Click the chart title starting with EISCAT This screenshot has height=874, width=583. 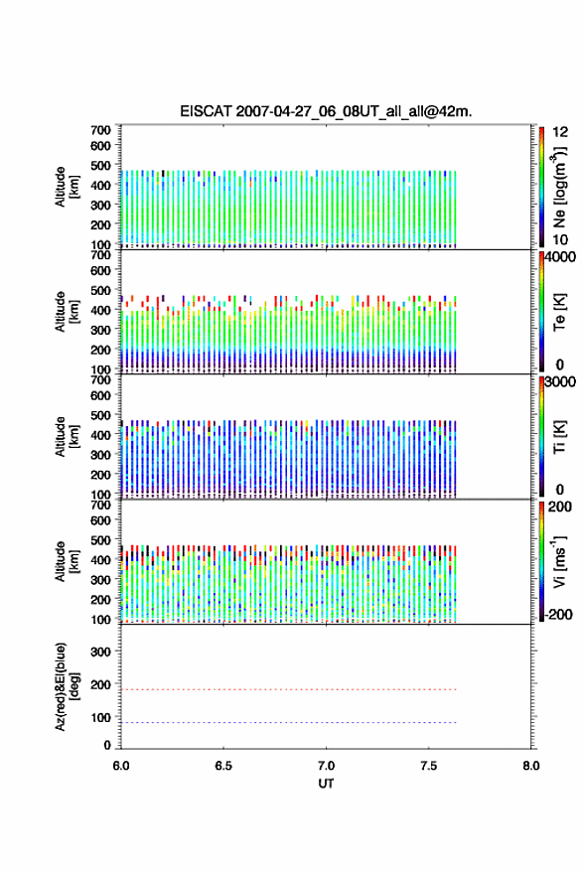(326, 111)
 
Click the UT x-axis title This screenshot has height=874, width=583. (326, 784)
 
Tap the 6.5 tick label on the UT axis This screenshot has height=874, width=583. (223, 766)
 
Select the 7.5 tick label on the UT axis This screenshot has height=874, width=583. (429, 766)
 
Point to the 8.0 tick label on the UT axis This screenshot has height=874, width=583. (531, 766)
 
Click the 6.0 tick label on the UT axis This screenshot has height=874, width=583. (121, 766)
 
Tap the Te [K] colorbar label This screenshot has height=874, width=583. (559, 312)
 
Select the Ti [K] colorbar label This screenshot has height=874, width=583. (559, 436)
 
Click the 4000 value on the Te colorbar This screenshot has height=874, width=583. (560, 257)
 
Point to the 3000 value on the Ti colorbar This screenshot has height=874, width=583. (560, 382)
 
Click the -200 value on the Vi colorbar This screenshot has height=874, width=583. (558, 614)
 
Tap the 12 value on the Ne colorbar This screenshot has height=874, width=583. (560, 132)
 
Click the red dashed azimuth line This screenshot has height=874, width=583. (289, 689)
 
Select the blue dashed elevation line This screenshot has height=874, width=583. (289, 722)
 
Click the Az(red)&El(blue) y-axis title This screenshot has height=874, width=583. (66, 686)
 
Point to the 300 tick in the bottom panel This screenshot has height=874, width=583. (101, 652)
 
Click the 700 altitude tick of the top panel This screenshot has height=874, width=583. (101, 130)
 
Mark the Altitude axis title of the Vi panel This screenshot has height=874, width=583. (66, 561)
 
